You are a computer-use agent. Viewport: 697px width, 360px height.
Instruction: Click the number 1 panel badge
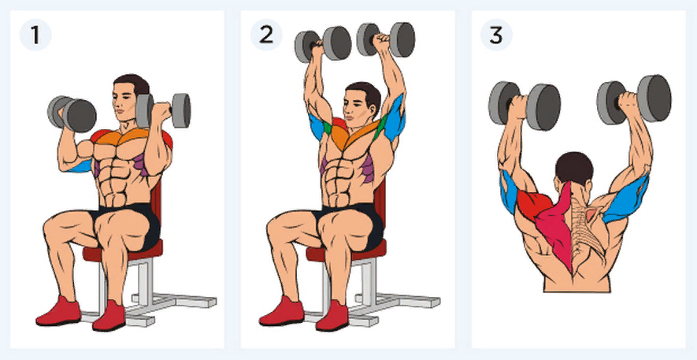pos(35,35)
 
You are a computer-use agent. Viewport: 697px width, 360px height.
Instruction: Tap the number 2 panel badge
pos(266,35)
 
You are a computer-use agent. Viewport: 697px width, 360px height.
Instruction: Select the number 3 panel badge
pos(496,35)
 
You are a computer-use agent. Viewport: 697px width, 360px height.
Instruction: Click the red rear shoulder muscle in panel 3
pos(533,202)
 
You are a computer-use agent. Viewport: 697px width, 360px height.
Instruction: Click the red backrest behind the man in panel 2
pos(379,205)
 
